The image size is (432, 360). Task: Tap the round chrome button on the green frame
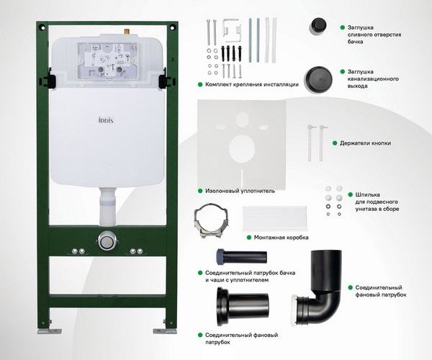(x=107, y=240)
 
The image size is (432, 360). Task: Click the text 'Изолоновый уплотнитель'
(x=235, y=191)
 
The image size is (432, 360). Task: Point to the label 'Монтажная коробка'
(x=282, y=237)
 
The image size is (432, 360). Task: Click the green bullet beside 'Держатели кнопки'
(x=336, y=144)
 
